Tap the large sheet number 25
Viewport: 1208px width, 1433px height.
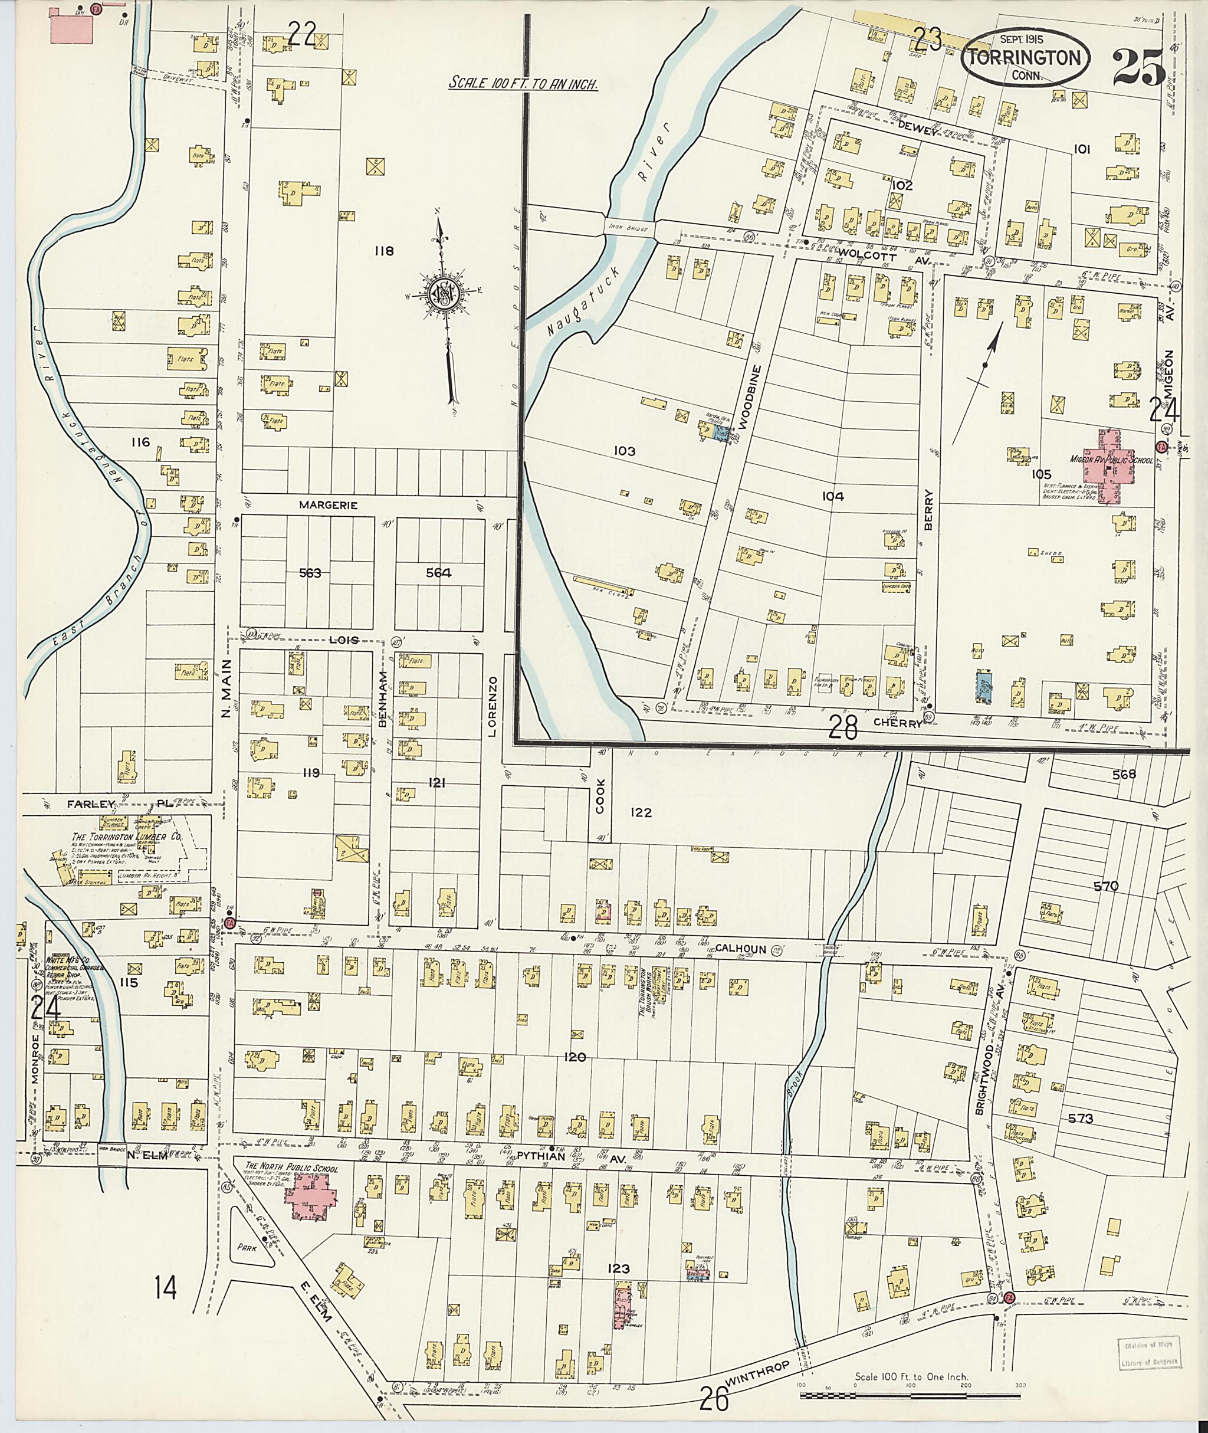(1139, 67)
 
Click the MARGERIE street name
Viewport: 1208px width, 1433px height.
(329, 505)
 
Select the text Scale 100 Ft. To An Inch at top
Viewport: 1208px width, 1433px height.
(524, 84)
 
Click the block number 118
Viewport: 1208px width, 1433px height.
(383, 251)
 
